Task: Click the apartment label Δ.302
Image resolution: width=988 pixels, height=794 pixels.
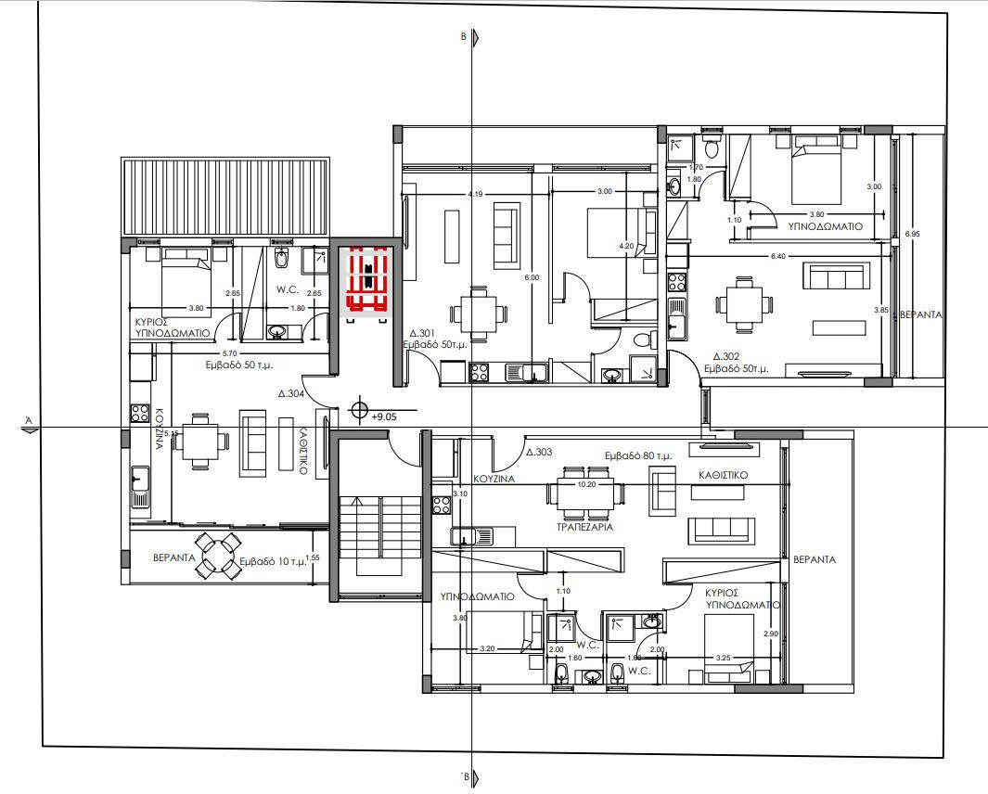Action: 725,356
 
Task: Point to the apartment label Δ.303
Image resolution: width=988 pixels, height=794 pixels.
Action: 539,454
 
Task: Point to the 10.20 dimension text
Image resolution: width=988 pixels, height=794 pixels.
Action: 586,483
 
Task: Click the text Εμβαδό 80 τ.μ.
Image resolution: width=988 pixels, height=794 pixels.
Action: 638,456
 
